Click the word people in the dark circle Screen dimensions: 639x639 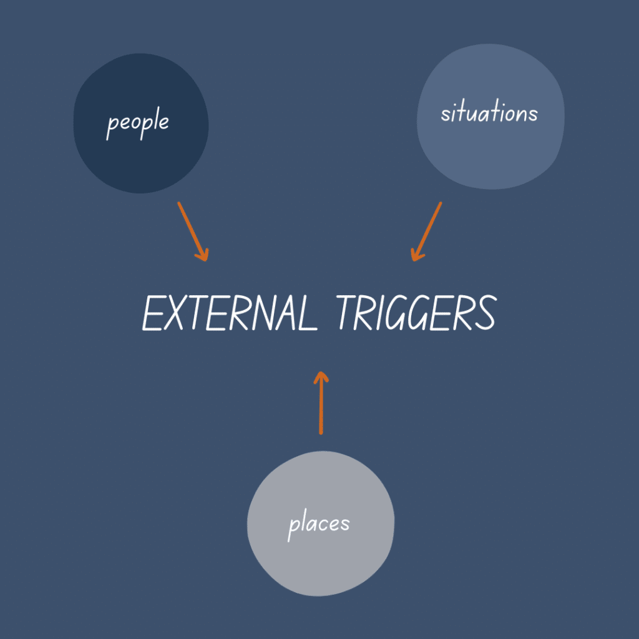point(138,122)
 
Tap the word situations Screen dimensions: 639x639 point(489,113)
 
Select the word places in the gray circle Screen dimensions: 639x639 point(318,525)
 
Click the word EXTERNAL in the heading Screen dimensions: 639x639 point(228,313)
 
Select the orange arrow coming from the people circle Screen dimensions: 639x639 point(192,230)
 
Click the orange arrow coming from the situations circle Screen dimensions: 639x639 point(427,230)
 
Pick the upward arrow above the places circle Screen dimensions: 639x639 point(321,402)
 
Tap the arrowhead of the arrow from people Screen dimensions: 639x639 point(202,254)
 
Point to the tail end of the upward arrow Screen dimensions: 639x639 point(321,432)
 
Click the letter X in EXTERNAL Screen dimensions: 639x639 point(178,313)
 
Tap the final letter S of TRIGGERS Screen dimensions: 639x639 point(485,313)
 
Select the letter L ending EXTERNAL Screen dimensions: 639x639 point(305,313)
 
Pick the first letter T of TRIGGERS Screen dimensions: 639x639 point(348,313)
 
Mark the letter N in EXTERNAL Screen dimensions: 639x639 point(257,313)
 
